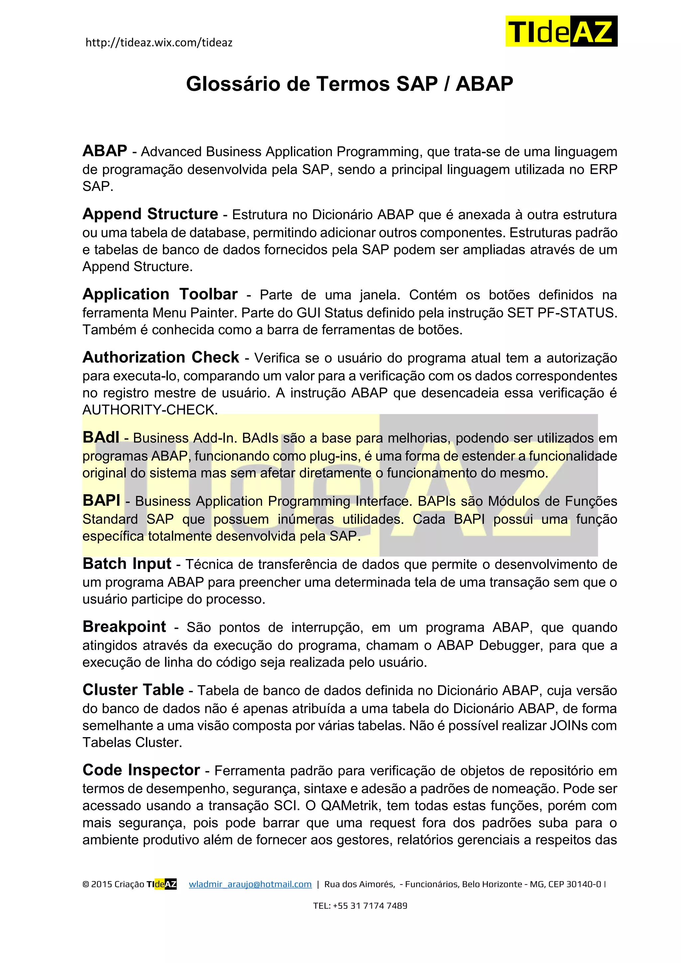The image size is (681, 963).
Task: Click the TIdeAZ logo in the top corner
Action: click(x=561, y=31)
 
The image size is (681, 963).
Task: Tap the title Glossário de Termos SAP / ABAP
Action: click(x=349, y=84)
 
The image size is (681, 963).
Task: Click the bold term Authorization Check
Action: click(x=161, y=357)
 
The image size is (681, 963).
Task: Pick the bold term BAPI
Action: click(x=101, y=500)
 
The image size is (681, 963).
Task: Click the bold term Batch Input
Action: click(x=127, y=564)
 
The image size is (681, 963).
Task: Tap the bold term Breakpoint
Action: click(x=124, y=626)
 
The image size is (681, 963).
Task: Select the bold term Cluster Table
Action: click(x=133, y=690)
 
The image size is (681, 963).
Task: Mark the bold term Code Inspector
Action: click(x=141, y=770)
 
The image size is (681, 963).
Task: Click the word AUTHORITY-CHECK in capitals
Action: click(x=149, y=410)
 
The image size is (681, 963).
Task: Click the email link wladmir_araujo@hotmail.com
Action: click(x=250, y=885)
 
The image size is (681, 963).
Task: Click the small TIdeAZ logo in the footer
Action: click(x=162, y=885)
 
